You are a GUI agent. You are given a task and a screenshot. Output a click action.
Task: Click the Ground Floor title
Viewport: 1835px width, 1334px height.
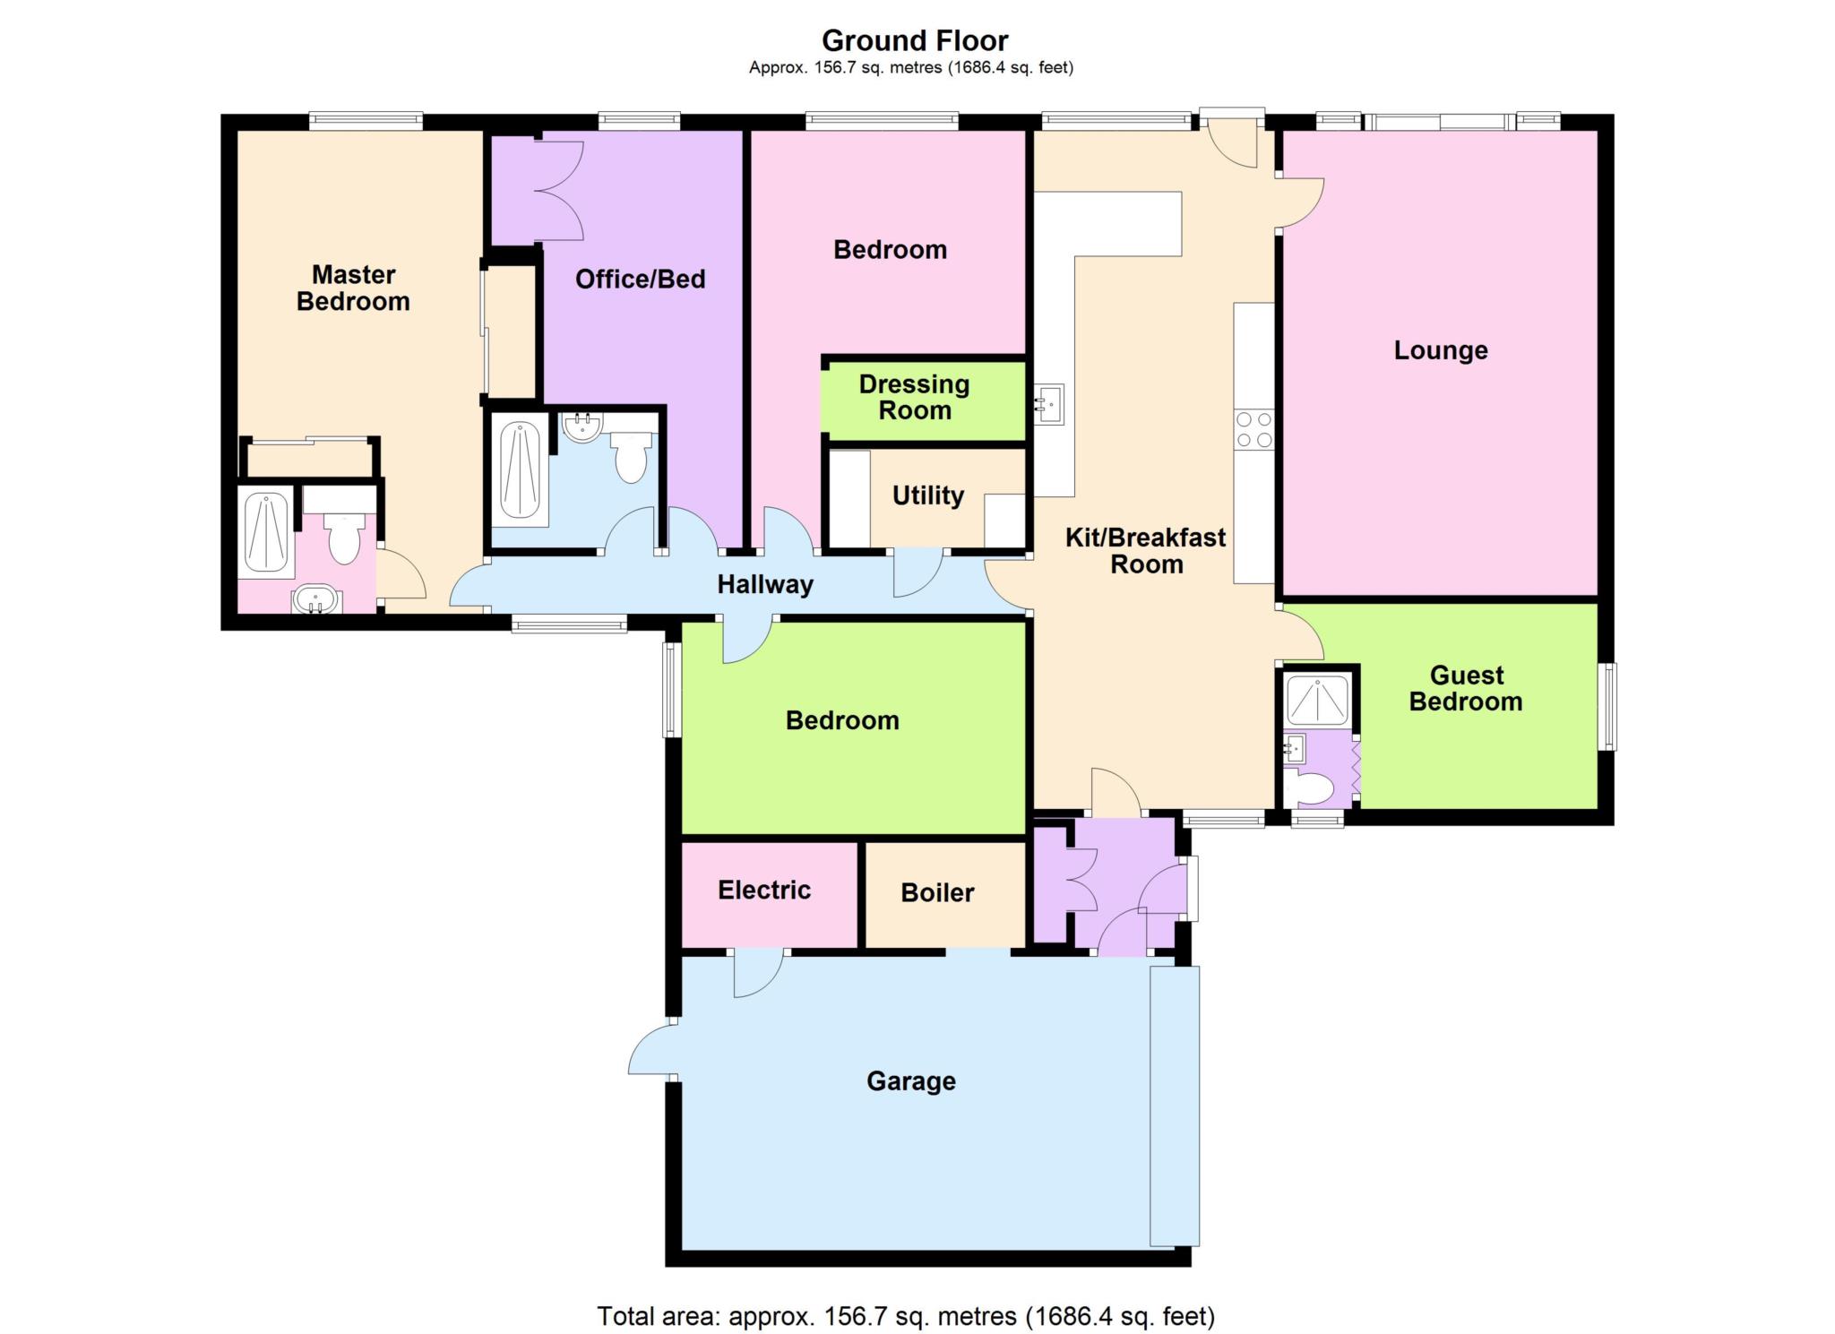coord(915,40)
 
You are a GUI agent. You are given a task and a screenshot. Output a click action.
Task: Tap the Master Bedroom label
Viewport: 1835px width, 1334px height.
coord(353,288)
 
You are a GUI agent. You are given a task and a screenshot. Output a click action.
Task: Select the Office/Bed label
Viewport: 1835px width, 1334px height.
coord(640,280)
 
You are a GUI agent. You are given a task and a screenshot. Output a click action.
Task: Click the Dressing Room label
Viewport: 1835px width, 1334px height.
coord(914,398)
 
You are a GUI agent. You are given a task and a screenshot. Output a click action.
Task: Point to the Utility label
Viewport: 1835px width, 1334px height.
coord(928,495)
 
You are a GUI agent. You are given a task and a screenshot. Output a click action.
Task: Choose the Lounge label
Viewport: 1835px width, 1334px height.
coord(1441,350)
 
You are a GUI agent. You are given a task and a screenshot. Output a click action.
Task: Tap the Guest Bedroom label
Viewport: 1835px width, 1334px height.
coord(1466,688)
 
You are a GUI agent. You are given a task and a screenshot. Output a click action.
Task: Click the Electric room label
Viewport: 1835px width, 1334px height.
coord(764,890)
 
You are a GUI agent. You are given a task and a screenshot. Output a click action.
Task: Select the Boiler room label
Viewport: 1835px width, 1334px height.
coord(937,892)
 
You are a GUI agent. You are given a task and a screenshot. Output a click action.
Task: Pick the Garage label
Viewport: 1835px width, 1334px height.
coord(911,1081)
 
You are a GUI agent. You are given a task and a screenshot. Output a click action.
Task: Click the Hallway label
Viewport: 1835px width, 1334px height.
coord(765,585)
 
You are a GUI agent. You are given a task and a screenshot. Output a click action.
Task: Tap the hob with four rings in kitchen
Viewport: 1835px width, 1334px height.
coord(1253,429)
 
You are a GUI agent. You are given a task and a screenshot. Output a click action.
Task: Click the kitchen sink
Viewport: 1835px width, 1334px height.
coord(1048,404)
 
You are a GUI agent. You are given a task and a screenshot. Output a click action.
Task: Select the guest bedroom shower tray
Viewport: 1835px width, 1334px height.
coord(1317,700)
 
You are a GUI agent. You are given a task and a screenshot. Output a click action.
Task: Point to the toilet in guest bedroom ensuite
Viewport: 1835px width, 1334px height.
coord(1312,788)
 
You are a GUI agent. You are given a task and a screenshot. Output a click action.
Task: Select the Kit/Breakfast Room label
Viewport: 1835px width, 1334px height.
coord(1146,551)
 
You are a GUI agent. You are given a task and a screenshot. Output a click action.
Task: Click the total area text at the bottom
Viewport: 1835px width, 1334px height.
coord(906,1316)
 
